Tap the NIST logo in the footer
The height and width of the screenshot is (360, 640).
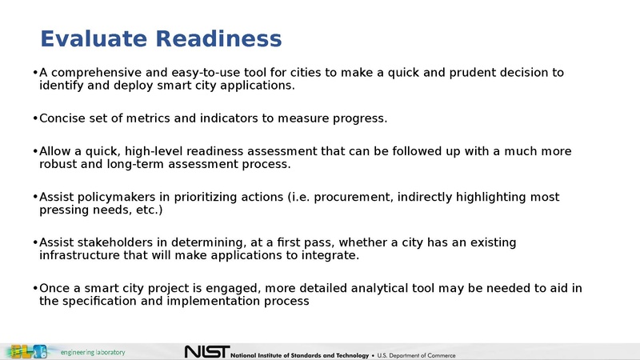[x=206, y=352]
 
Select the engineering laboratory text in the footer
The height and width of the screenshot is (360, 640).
[x=94, y=352]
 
